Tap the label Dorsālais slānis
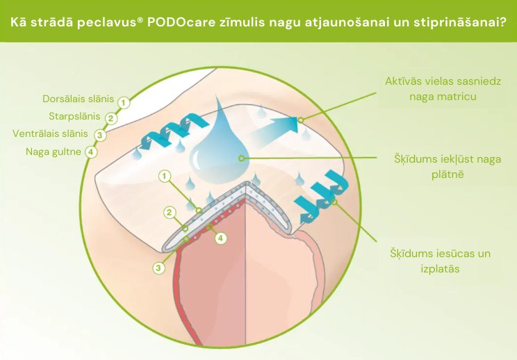(x=78, y=99)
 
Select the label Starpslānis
(x=74, y=116)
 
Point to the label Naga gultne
(x=53, y=151)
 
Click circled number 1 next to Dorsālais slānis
(x=124, y=103)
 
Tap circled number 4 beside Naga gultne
(x=92, y=152)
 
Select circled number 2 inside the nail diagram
(x=169, y=211)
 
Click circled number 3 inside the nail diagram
(x=159, y=266)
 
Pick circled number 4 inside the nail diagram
(x=221, y=238)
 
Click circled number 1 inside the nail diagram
(x=165, y=176)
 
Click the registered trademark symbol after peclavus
(x=140, y=18)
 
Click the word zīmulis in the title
(x=240, y=21)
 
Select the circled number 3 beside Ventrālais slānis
(x=101, y=134)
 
